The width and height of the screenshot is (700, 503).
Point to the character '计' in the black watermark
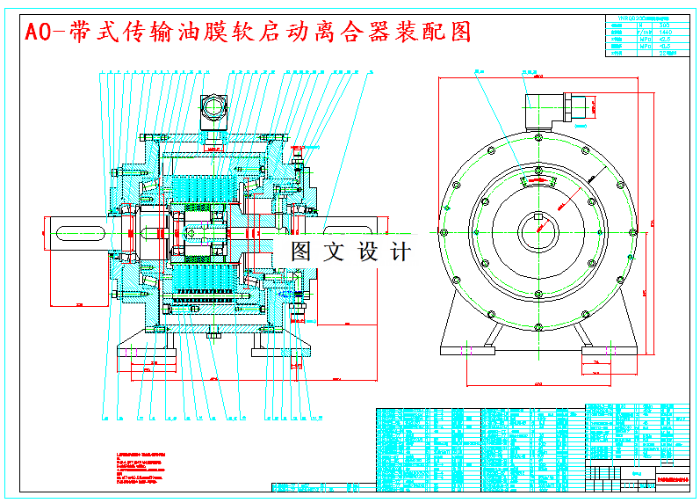pyautogui.click(x=400, y=251)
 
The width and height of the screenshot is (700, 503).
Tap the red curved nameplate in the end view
pyautogui.click(x=538, y=179)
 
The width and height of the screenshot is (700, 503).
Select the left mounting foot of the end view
pyautogui.click(x=465, y=350)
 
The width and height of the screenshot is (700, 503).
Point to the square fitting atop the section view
pyautogui.click(x=214, y=108)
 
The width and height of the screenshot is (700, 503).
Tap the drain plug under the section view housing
pyautogui.click(x=213, y=335)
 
